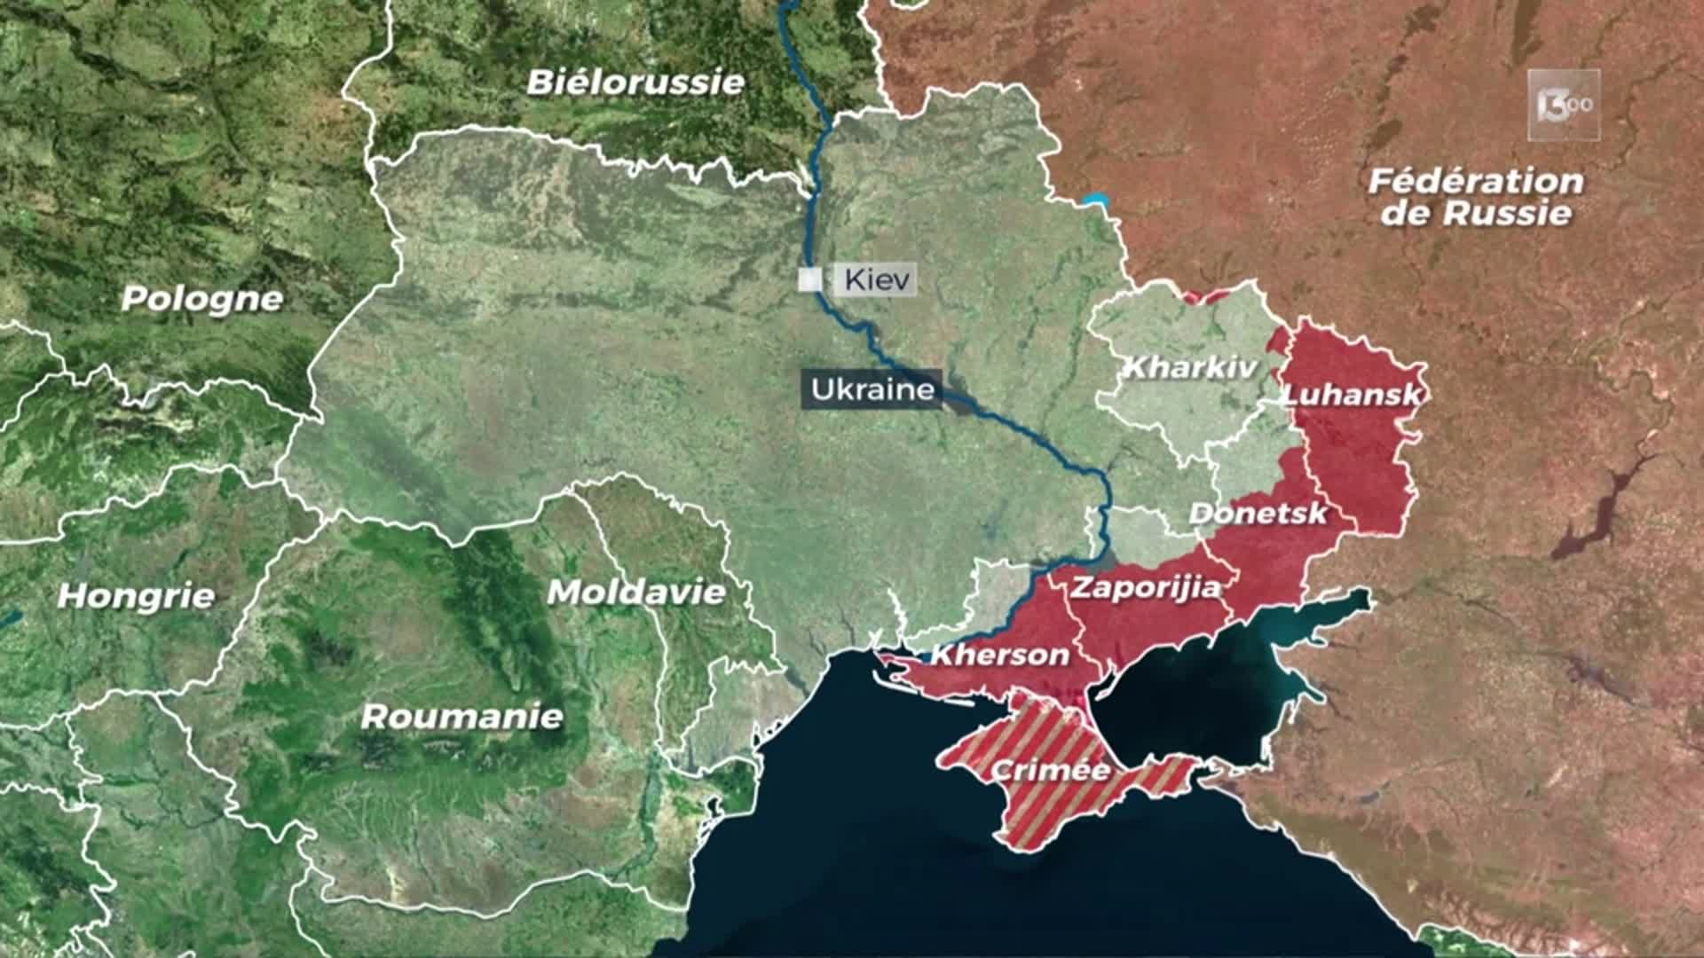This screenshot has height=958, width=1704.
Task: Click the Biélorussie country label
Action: (635, 82)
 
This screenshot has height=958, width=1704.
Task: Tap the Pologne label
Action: (202, 298)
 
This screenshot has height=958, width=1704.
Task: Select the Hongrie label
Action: (136, 595)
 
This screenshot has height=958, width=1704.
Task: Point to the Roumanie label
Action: (461, 716)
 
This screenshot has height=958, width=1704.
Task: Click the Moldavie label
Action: (636, 592)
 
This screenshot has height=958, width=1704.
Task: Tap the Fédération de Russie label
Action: (1475, 197)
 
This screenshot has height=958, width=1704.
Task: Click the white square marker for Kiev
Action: (809, 280)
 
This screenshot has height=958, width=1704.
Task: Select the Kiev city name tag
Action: (877, 280)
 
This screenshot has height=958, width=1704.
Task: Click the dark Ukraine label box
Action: (872, 389)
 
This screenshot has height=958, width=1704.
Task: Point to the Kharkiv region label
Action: (1190, 367)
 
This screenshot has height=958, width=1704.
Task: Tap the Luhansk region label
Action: (1353, 395)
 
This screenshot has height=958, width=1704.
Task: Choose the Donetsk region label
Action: (1258, 513)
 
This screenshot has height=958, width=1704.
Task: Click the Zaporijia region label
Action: (1145, 587)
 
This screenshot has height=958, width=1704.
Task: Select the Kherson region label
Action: (999, 656)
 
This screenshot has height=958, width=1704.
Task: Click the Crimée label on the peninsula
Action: (1051, 769)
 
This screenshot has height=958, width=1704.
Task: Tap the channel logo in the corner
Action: (1564, 105)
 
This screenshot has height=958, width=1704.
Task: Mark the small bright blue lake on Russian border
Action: (1097, 199)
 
